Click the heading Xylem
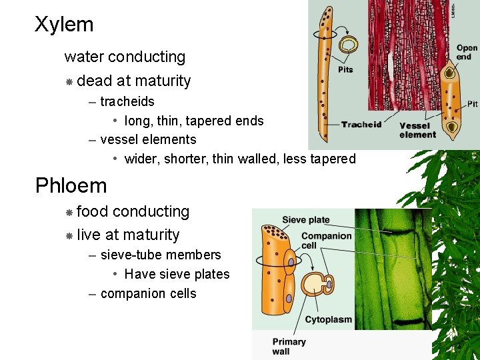(64, 25)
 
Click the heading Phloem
(71, 185)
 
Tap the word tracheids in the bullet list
(127, 102)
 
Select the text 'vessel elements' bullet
(148, 139)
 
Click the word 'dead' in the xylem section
(94, 81)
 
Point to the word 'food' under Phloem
(93, 211)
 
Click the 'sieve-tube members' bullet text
(161, 255)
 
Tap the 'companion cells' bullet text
(148, 293)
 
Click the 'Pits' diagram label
(345, 69)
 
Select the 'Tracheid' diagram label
(361, 124)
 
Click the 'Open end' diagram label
(467, 52)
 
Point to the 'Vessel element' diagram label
(417, 130)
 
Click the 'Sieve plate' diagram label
(305, 220)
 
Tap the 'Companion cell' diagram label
(326, 241)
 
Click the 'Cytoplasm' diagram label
(328, 319)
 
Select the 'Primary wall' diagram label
(289, 346)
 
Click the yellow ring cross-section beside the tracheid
(348, 45)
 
